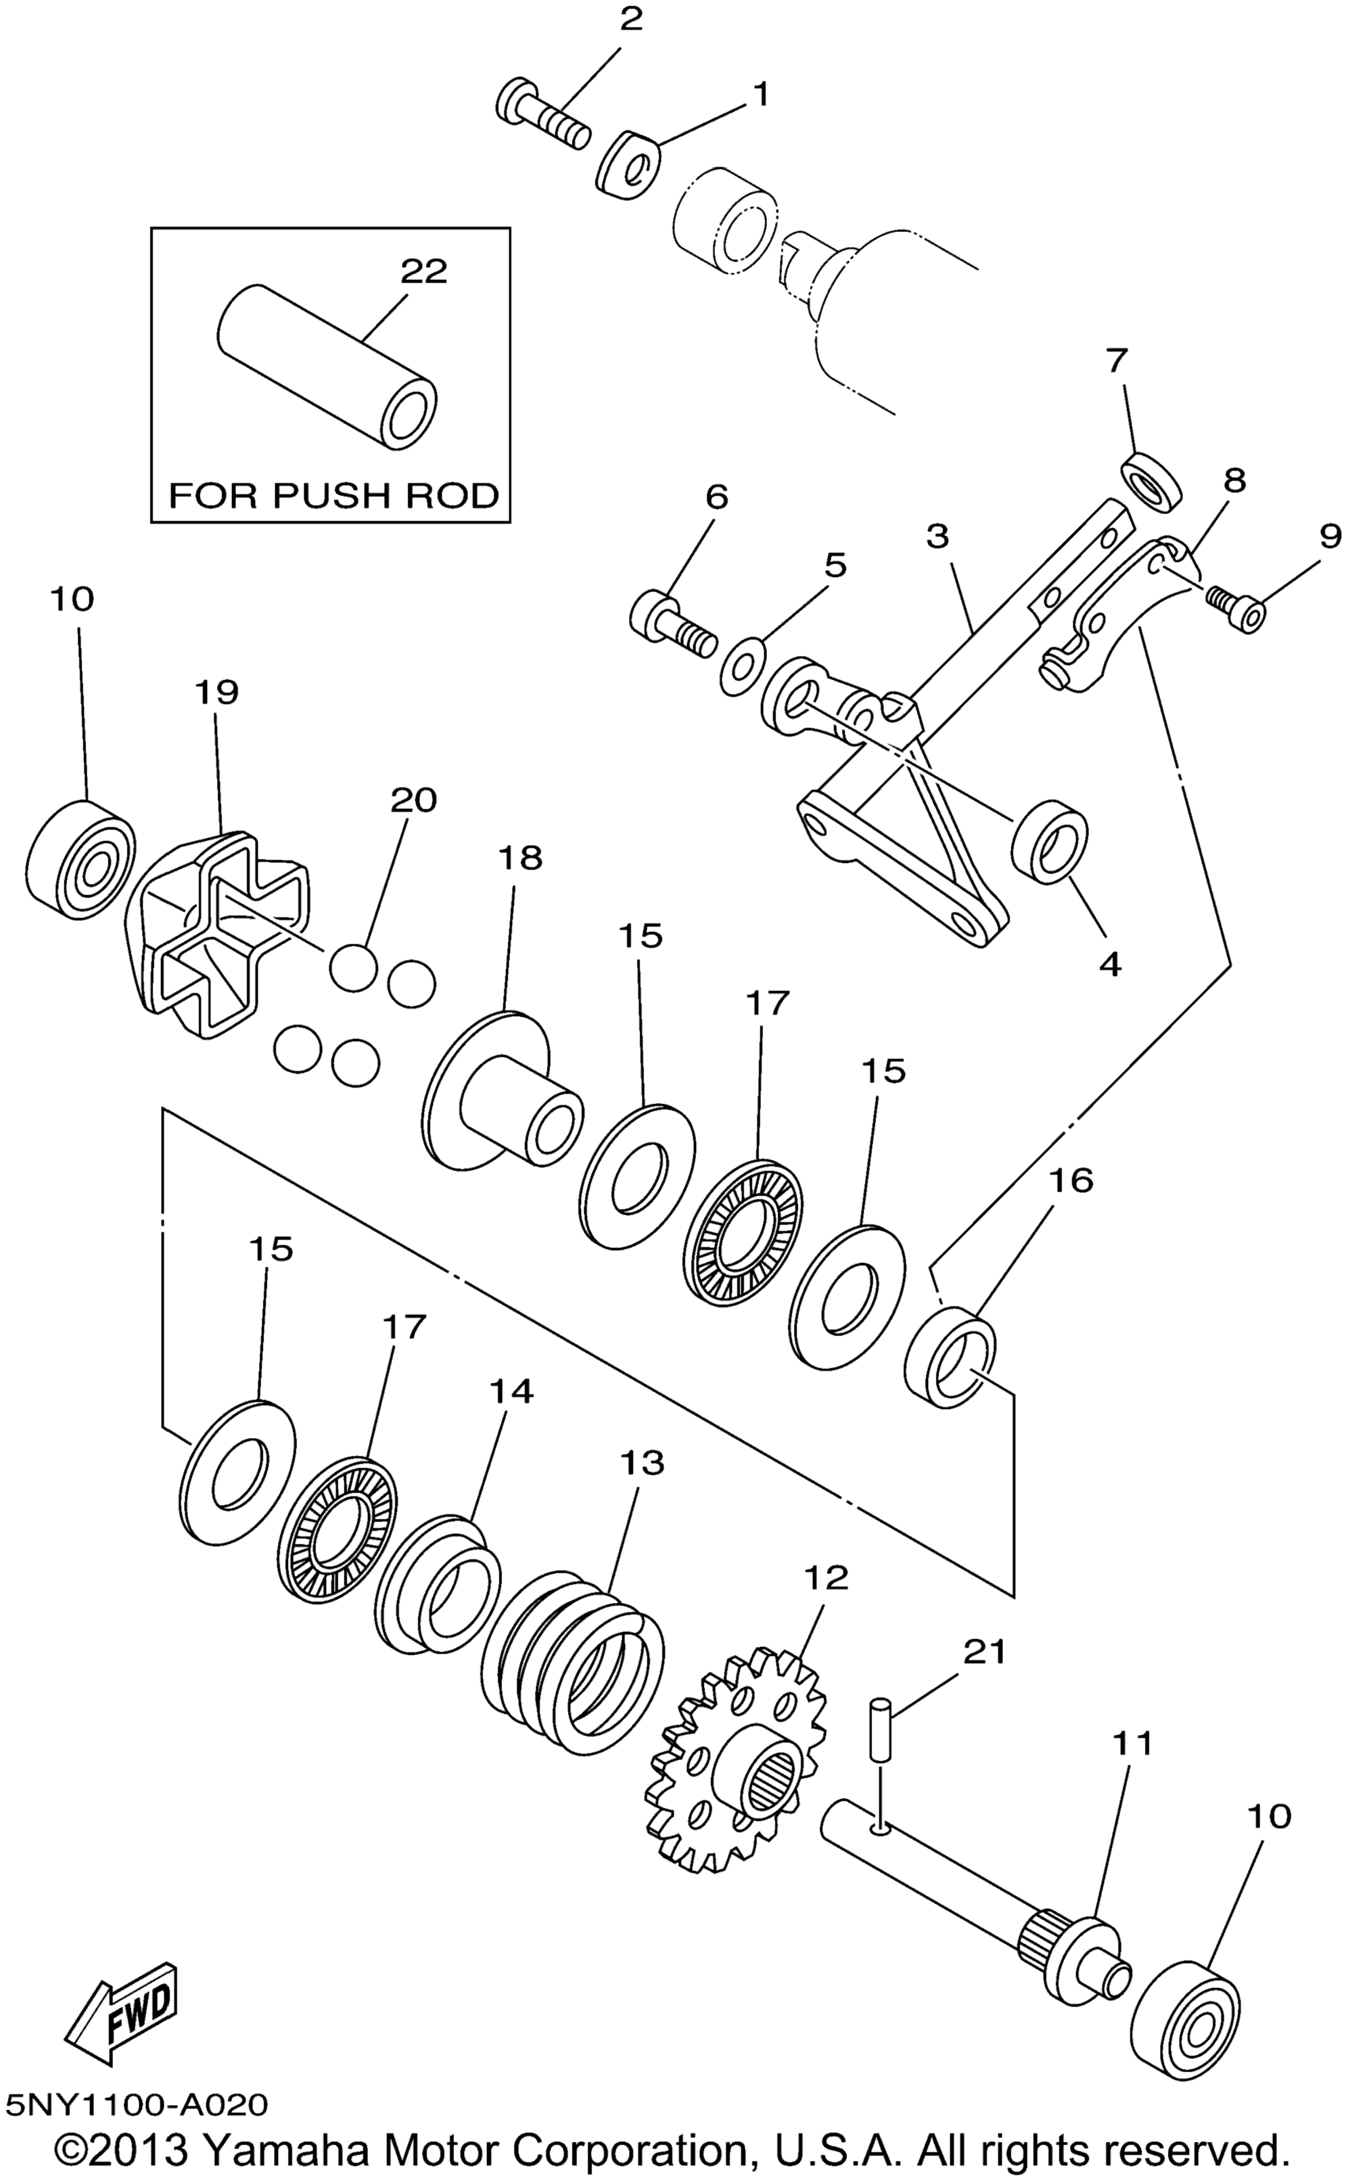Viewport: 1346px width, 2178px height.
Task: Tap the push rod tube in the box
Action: click(327, 366)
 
